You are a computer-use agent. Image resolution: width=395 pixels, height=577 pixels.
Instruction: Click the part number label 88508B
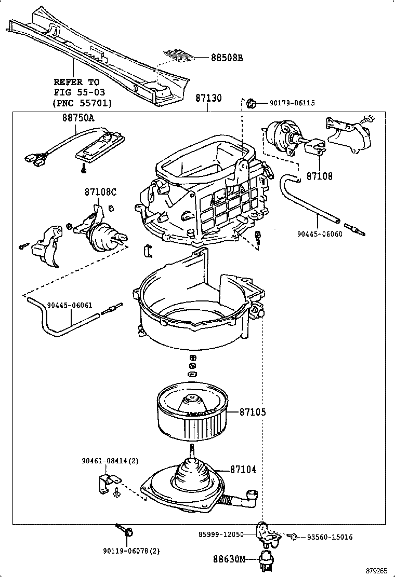pyautogui.click(x=227, y=58)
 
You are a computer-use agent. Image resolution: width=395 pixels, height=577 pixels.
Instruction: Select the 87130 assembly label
pyautogui.click(x=208, y=99)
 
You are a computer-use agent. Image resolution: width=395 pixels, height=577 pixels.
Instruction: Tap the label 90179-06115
pyautogui.click(x=292, y=103)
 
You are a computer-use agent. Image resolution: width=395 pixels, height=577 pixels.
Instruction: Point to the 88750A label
pyautogui.click(x=78, y=118)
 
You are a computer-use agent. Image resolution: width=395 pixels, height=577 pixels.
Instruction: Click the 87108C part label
pyautogui.click(x=100, y=192)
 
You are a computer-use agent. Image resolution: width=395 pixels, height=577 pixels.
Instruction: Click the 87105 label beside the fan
pyautogui.click(x=253, y=412)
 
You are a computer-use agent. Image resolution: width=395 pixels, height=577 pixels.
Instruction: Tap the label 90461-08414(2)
pyautogui.click(x=110, y=461)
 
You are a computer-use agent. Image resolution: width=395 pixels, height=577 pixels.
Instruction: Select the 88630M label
pyautogui.click(x=229, y=559)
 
